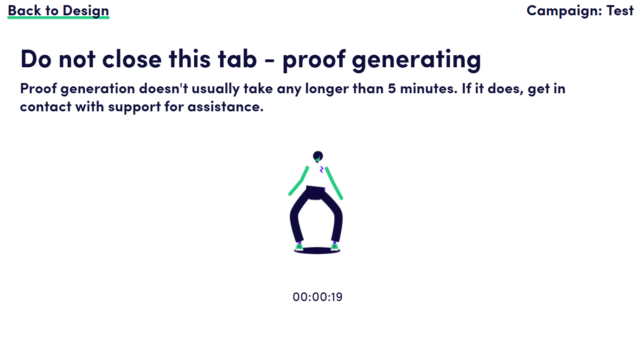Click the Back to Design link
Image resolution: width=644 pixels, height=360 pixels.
click(x=58, y=11)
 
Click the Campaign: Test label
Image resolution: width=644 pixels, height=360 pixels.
click(x=580, y=11)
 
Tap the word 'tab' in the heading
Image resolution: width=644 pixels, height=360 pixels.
click(x=237, y=59)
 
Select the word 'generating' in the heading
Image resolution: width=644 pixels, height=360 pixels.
click(x=416, y=60)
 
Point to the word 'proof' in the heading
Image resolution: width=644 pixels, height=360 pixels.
click(x=314, y=60)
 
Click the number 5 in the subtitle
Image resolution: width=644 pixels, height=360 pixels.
click(x=392, y=89)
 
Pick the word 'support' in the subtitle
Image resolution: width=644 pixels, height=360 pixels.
click(x=134, y=107)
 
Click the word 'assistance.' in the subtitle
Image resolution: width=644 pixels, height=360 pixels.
click(x=226, y=107)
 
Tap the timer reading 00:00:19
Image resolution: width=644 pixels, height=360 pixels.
click(x=318, y=297)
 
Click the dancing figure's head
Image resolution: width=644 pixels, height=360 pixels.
click(x=318, y=156)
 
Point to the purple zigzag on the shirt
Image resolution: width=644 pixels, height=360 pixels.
click(x=321, y=170)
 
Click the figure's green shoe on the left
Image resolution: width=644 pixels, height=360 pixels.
click(x=300, y=247)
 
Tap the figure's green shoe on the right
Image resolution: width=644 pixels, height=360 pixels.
click(x=334, y=247)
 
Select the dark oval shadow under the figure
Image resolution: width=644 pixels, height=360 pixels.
click(x=317, y=251)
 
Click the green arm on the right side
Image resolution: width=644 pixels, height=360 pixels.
click(x=334, y=183)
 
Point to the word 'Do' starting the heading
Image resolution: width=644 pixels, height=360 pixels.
click(x=36, y=59)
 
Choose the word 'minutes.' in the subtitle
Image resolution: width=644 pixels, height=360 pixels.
click(x=429, y=89)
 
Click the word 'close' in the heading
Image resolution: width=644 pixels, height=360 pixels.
click(x=132, y=59)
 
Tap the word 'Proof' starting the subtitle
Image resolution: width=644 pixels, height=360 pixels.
click(x=38, y=89)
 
